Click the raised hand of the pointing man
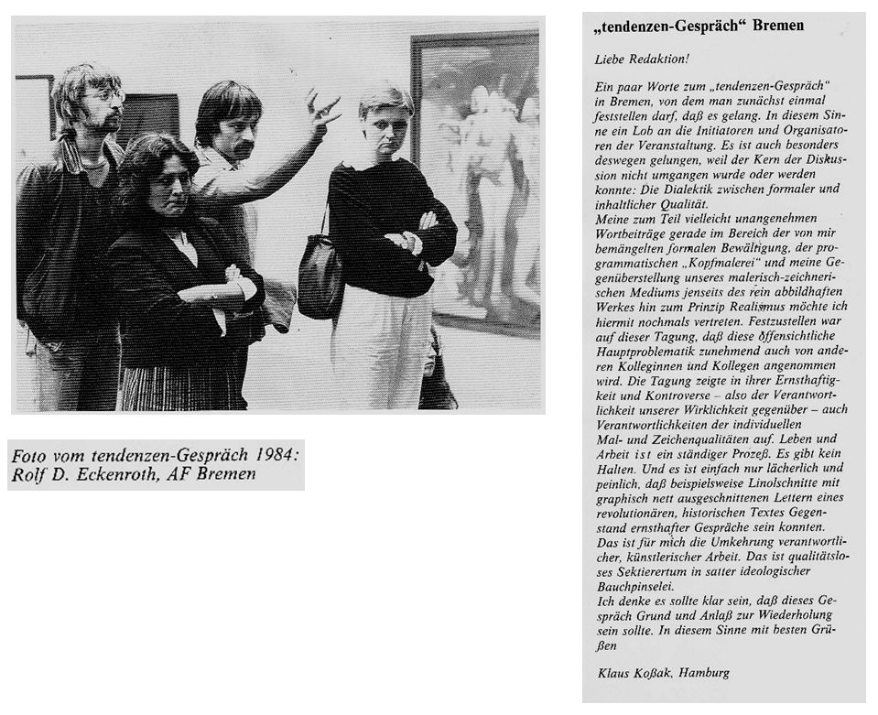321,109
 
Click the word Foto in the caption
28,456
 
